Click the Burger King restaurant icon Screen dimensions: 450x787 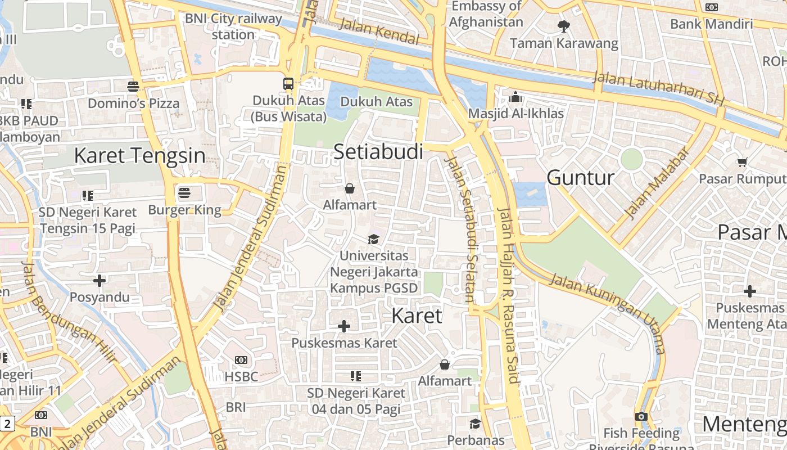pyautogui.click(x=184, y=193)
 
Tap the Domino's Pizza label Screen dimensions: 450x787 pyautogui.click(x=133, y=103)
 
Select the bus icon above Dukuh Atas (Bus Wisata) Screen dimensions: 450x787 pyautogui.click(x=288, y=84)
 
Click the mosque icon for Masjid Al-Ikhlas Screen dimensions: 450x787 pyautogui.click(x=515, y=97)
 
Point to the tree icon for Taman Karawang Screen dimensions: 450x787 pyautogui.click(x=563, y=26)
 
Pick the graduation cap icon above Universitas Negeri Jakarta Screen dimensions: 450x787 pyautogui.click(x=373, y=239)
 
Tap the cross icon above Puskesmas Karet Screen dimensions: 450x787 pyautogui.click(x=344, y=326)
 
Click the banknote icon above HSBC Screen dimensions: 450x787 pyautogui.click(x=241, y=359)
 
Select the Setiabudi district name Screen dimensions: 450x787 pyautogui.click(x=378, y=151)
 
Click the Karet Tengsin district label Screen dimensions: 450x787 pyautogui.click(x=139, y=156)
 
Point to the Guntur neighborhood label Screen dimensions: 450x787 pyautogui.click(x=581, y=178)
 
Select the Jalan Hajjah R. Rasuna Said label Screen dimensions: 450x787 pyautogui.click(x=506, y=295)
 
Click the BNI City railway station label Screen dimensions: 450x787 pyautogui.click(x=233, y=26)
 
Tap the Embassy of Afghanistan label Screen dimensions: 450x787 pyautogui.click(x=486, y=14)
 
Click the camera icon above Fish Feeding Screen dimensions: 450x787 pyautogui.click(x=641, y=416)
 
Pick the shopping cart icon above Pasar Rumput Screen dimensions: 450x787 pyautogui.click(x=742, y=162)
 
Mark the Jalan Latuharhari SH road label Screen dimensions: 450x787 pyautogui.click(x=659, y=89)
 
